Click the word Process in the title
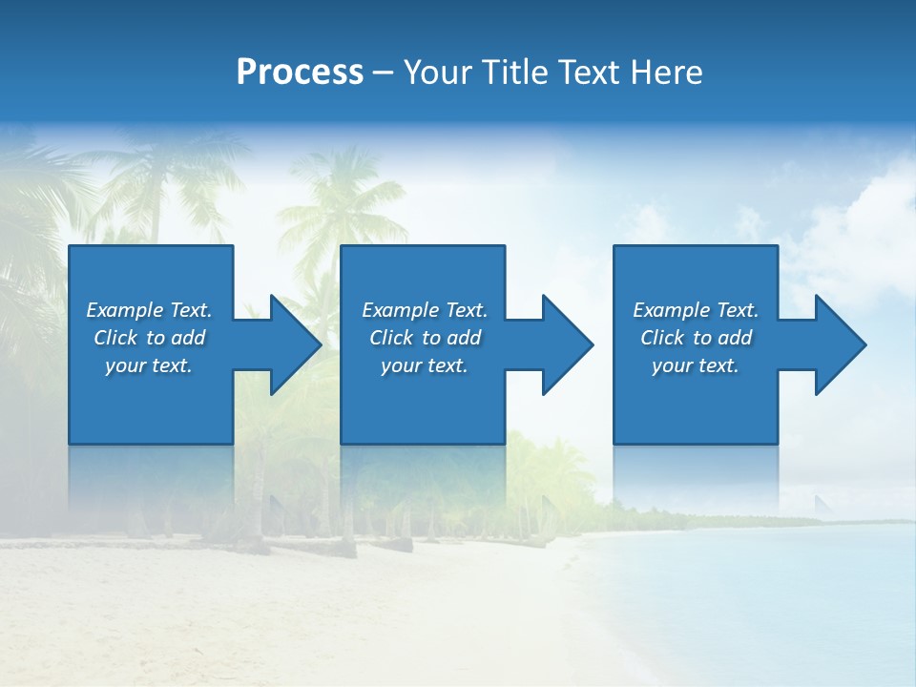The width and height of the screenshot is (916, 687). click(x=300, y=73)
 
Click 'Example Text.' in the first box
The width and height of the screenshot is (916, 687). click(x=149, y=310)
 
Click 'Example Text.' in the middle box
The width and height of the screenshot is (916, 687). click(x=425, y=310)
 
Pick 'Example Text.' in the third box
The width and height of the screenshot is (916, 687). click(x=696, y=310)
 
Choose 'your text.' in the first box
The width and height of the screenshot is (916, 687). click(x=149, y=365)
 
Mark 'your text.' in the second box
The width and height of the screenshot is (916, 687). click(x=425, y=365)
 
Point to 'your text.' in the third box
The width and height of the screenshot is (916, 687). click(x=696, y=365)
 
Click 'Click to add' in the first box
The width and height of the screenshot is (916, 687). click(x=149, y=338)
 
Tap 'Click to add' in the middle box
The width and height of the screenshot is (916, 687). click(x=425, y=338)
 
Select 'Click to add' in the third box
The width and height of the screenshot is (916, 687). click(x=696, y=338)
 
